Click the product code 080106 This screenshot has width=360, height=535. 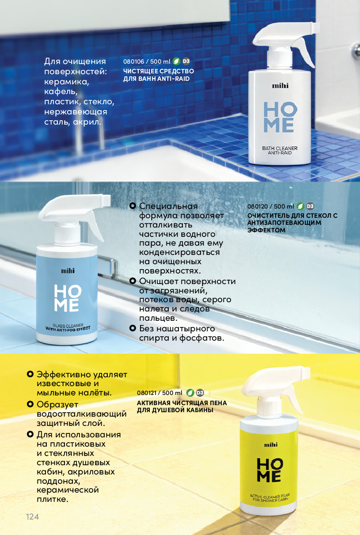click(134, 61)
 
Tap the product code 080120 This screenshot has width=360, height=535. click(258, 206)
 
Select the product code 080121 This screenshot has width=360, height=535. click(147, 393)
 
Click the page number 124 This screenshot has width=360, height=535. click(32, 517)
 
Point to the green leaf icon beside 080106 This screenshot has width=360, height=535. click(176, 61)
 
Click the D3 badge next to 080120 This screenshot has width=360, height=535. click(310, 206)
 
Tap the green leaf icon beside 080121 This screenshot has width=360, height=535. click(190, 393)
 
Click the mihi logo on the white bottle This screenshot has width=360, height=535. click(280, 86)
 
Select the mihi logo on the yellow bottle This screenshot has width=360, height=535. click(271, 444)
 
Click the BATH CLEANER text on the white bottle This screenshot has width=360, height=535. click(280, 148)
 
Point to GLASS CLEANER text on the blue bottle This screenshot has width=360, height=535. click(68, 326)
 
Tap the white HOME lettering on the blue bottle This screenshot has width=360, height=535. click(68, 298)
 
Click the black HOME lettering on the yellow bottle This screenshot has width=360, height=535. click(270, 470)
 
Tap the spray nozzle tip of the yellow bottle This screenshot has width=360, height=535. click(307, 371)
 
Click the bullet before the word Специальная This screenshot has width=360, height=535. click(133, 206)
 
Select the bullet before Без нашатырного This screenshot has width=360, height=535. click(133, 328)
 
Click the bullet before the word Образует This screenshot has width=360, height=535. click(30, 404)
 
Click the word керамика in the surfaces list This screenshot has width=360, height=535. click(67, 82)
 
